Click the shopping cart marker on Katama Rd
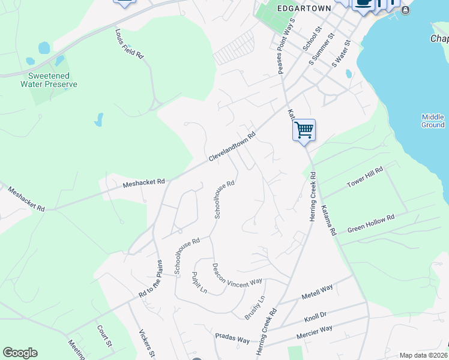(x=304, y=130)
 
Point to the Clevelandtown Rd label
(x=232, y=146)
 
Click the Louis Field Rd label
(x=130, y=45)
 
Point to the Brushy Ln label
(x=255, y=308)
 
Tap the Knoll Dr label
(x=315, y=314)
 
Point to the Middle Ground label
(x=433, y=121)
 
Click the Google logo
(x=20, y=353)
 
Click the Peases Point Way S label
(x=286, y=46)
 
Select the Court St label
(x=105, y=337)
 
